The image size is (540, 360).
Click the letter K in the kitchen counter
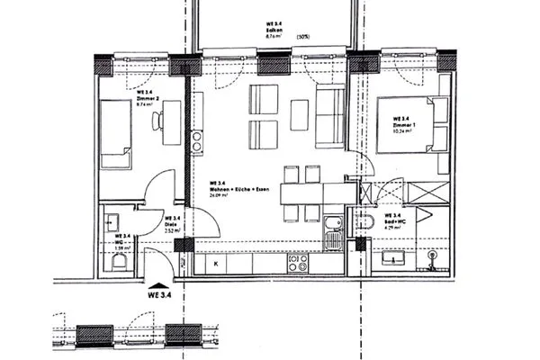[219, 263]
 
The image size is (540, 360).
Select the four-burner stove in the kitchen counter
[298, 263]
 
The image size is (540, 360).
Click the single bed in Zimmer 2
[113, 133]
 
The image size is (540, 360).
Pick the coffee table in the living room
[301, 112]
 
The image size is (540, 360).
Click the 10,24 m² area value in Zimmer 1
[401, 130]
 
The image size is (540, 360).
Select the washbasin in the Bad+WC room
[394, 258]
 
